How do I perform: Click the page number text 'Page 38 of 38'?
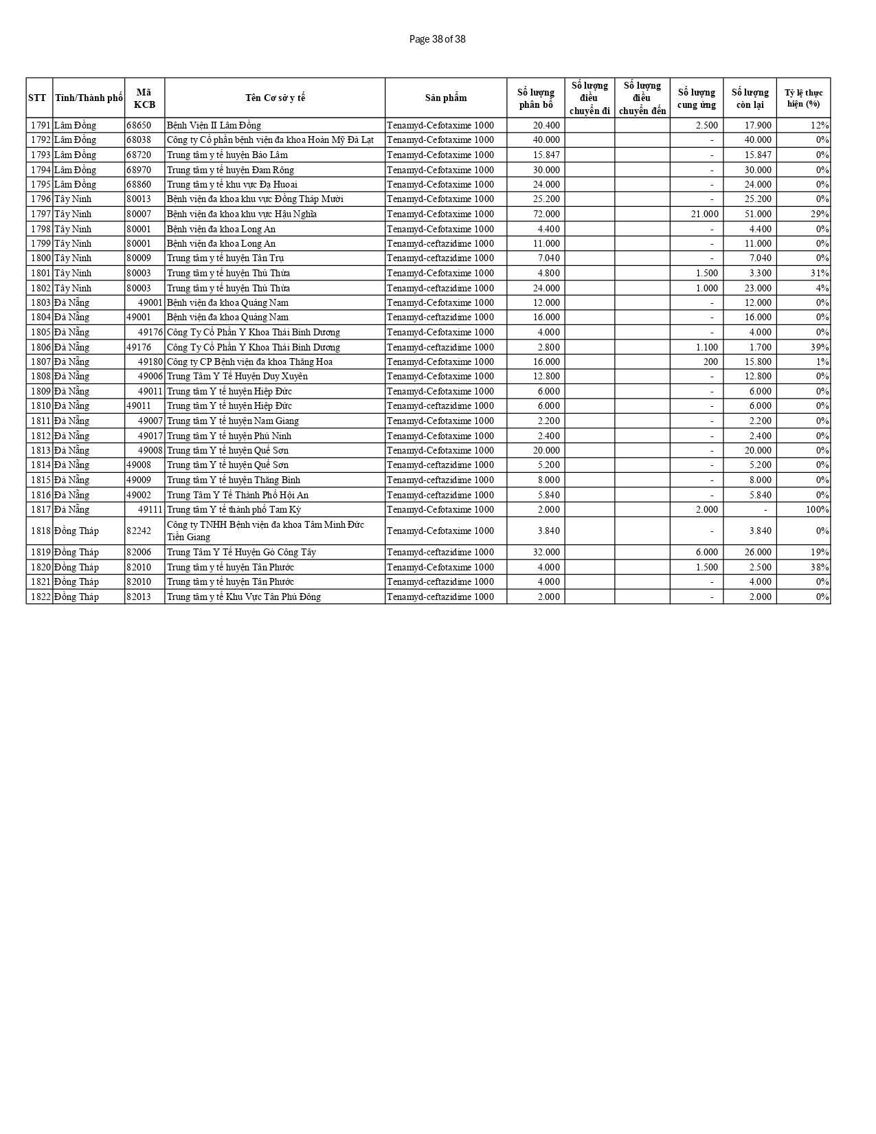tap(437, 39)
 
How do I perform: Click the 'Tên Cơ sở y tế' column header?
tap(275, 98)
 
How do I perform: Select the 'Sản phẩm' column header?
tap(445, 98)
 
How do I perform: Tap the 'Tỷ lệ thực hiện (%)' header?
tap(803, 98)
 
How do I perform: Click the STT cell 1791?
tap(41, 125)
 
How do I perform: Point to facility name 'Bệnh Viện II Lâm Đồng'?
tap(214, 125)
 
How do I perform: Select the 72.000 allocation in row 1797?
tap(546, 214)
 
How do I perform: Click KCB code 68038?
tap(139, 140)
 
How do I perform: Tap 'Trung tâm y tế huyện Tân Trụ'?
tap(225, 258)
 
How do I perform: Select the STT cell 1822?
tap(41, 597)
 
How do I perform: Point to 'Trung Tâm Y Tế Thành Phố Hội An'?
tap(237, 495)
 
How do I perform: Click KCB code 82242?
tap(139, 531)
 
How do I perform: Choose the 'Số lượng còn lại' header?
tap(750, 98)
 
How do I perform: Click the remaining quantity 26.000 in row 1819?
tap(758, 552)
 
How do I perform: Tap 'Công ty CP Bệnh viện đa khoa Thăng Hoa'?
tap(249, 362)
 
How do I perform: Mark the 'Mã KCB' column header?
tap(144, 98)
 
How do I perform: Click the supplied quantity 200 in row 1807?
tap(710, 362)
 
